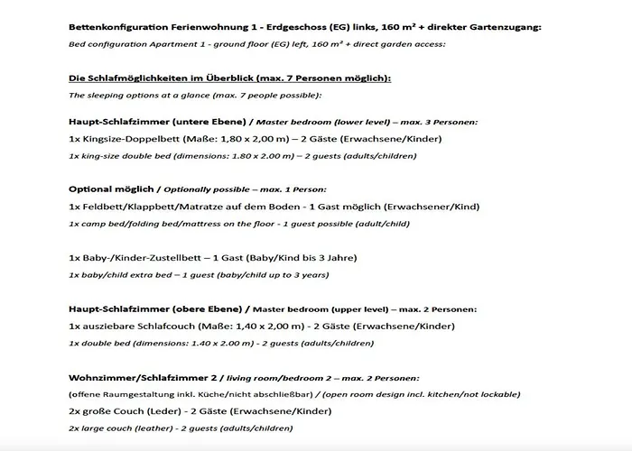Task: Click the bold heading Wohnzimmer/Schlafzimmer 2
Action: [x=150, y=377]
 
